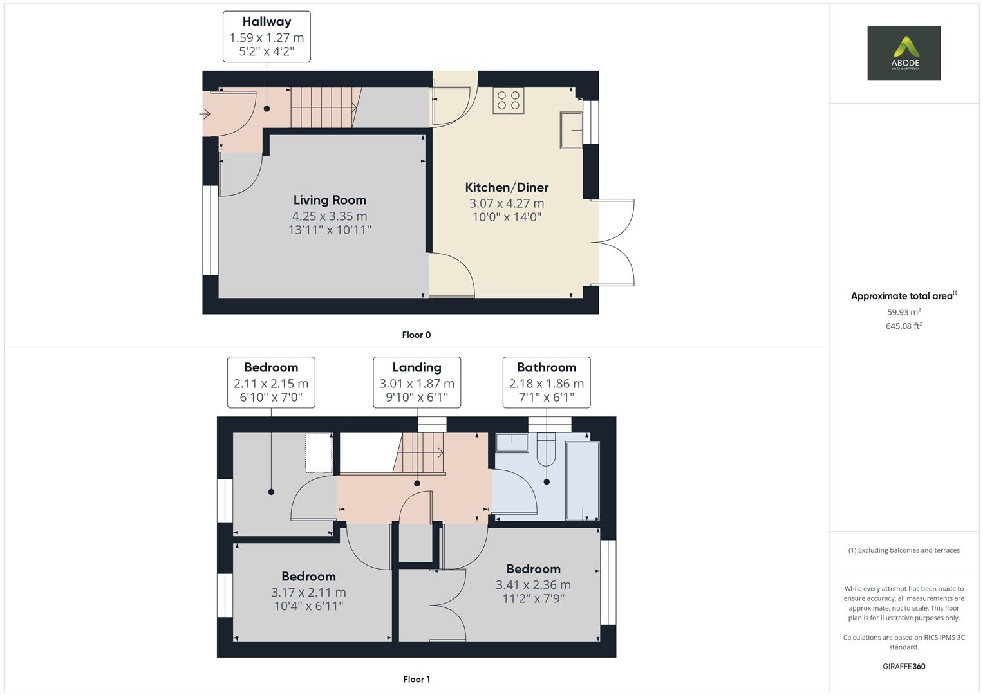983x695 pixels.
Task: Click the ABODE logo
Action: tap(904, 53)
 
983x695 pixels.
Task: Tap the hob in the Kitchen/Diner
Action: tap(508, 100)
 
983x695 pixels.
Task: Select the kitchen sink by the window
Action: tap(571, 131)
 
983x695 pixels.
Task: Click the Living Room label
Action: tap(330, 200)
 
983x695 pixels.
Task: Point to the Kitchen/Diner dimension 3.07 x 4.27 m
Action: tap(507, 203)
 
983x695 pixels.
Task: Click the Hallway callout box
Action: tap(267, 37)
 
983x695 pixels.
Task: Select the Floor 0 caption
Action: tap(417, 335)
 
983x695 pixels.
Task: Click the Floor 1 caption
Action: tap(417, 679)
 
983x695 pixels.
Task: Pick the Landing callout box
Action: tap(417, 382)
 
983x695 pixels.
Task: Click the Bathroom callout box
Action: tap(546, 382)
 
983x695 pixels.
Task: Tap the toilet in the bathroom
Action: tap(545, 449)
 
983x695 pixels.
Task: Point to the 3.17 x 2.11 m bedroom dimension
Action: tap(308, 592)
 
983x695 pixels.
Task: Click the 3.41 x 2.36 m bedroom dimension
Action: tap(533, 584)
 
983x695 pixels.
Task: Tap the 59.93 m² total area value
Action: tap(904, 312)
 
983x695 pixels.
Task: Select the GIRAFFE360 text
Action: tap(904, 666)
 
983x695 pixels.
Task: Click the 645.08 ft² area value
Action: tap(904, 326)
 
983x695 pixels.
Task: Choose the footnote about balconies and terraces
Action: tap(904, 550)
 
